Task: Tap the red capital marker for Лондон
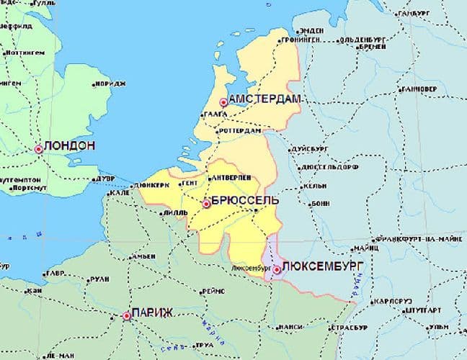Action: point(38,150)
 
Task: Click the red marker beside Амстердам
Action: point(223,103)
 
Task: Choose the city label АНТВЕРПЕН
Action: point(229,177)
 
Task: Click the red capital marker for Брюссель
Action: point(206,204)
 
